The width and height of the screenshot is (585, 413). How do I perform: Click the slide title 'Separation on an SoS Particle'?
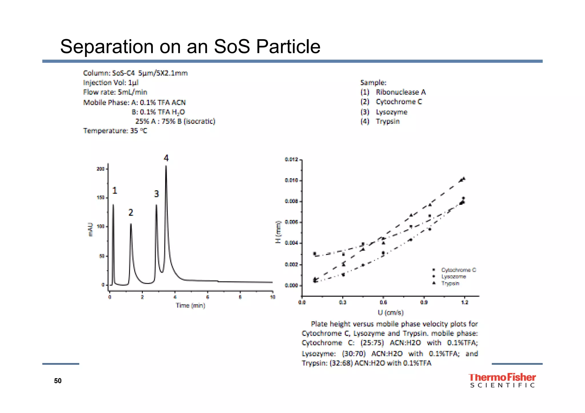(x=190, y=46)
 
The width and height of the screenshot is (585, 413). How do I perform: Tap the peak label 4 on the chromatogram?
(x=166, y=158)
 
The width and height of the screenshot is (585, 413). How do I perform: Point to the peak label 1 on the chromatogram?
(x=115, y=190)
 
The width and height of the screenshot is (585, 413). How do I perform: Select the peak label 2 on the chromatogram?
(x=131, y=212)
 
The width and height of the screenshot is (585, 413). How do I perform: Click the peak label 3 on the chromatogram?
(x=156, y=194)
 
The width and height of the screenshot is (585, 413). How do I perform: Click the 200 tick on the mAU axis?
(x=101, y=169)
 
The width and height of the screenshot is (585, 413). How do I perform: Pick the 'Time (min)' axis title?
(x=191, y=305)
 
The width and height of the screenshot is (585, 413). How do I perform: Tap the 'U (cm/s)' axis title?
(x=390, y=313)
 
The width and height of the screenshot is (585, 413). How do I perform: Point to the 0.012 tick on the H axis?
(x=291, y=159)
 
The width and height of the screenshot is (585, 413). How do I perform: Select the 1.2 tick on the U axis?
(x=465, y=302)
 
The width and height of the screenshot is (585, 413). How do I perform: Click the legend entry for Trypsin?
(x=450, y=283)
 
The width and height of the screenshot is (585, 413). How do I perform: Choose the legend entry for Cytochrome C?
(x=458, y=270)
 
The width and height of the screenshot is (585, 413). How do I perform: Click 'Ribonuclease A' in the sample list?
(x=400, y=92)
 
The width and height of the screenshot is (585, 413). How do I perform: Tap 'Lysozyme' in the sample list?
(x=391, y=112)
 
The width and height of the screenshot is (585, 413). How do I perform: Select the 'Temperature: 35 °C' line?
(x=115, y=131)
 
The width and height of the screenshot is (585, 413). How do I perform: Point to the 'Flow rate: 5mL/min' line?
(x=115, y=92)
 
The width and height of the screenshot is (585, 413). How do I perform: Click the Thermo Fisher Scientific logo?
(x=502, y=380)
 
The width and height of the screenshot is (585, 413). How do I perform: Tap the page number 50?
(x=58, y=381)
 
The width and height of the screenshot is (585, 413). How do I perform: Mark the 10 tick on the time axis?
(x=273, y=297)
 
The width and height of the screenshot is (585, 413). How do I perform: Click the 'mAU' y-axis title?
(x=91, y=229)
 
